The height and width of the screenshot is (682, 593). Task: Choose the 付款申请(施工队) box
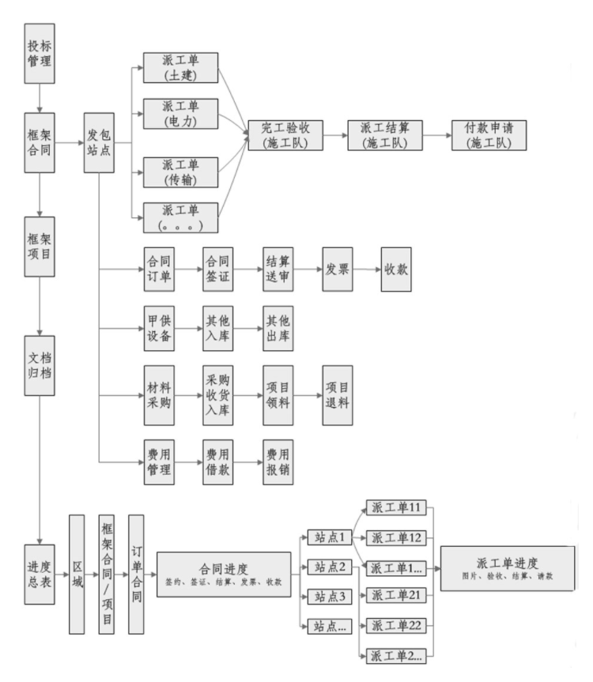coord(489,134)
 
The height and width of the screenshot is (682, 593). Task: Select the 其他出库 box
coord(278,329)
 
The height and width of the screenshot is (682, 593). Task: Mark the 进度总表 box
coord(38,574)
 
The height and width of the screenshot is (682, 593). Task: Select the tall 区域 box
coord(77,574)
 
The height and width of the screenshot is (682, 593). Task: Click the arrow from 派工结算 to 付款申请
coord(436,135)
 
